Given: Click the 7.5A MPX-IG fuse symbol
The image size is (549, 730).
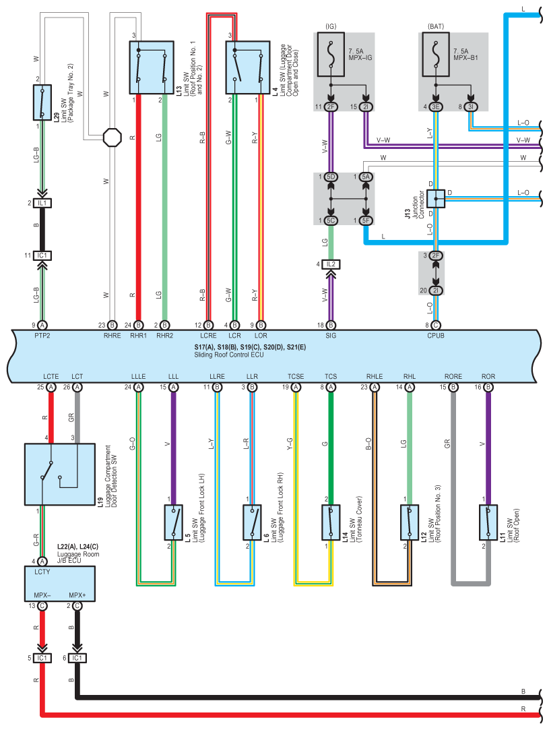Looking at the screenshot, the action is click(x=331, y=54).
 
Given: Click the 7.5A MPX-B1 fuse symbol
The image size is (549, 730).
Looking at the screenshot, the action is click(x=436, y=54).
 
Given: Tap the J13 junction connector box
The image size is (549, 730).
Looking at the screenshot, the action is click(x=436, y=199).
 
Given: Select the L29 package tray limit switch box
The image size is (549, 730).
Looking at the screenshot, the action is click(x=42, y=102).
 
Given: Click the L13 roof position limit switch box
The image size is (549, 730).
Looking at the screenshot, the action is click(x=152, y=67).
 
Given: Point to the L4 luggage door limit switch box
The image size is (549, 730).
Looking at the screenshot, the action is click(x=248, y=67).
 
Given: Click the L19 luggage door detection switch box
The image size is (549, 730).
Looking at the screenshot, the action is click(x=60, y=474).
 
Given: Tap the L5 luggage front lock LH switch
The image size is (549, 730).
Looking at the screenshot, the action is click(x=174, y=522).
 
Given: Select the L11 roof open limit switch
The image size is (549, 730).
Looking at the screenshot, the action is click(x=488, y=522).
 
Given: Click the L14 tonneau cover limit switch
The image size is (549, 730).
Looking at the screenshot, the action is click(x=331, y=522).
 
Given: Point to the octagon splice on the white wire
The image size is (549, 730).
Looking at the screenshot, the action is click(x=112, y=138).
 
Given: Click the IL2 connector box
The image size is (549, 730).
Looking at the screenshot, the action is click(x=331, y=264).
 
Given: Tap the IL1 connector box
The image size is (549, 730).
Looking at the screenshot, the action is click(x=42, y=203).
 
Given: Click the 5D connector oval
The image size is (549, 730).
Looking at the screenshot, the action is click(x=331, y=177).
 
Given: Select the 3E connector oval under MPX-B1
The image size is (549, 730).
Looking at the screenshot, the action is click(x=436, y=107).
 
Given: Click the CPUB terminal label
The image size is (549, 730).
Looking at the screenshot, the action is click(x=436, y=335).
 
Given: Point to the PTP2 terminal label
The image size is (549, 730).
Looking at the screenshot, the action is click(x=42, y=335).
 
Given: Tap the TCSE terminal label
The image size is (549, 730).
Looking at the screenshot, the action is click(x=296, y=376).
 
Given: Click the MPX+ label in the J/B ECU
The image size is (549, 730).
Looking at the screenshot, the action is click(x=77, y=595).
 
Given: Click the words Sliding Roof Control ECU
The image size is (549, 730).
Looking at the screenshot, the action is click(x=229, y=355).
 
